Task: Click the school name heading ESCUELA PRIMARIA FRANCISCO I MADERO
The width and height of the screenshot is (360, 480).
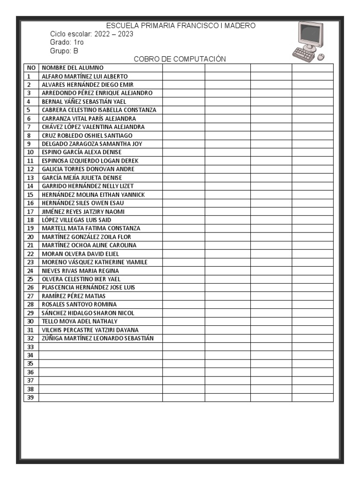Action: [x=181, y=26]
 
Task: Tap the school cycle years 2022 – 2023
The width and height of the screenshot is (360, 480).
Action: [x=114, y=35]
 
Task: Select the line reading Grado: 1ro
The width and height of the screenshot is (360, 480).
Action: [x=67, y=43]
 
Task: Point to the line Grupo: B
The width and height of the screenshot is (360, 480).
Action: [x=64, y=51]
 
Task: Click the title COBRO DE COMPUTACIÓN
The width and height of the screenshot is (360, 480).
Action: [x=180, y=59]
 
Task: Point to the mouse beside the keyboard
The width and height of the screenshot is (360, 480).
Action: [x=321, y=57]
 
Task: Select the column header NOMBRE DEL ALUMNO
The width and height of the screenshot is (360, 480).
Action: [x=73, y=67]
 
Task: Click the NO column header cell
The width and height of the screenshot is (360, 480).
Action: [x=31, y=67]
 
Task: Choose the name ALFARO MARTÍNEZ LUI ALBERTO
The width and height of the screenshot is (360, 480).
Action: [x=84, y=76]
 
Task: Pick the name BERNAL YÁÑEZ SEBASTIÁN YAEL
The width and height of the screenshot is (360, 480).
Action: [x=84, y=101]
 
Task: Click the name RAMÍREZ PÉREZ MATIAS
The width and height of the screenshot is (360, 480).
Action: [x=74, y=296]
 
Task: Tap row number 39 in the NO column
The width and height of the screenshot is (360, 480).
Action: [x=30, y=397]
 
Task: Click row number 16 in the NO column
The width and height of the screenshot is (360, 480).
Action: [x=30, y=203]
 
